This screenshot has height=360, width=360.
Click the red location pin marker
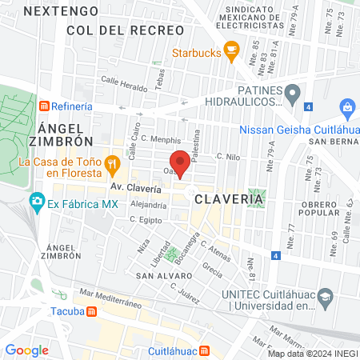pos(181,162)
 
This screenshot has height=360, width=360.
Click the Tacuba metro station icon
pos(93,311)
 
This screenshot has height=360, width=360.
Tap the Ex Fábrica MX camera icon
pos(36,203)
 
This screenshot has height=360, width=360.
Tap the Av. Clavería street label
pos(135,190)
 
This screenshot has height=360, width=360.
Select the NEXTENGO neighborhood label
pos(61,11)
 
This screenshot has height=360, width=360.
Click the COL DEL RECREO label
pos(114,30)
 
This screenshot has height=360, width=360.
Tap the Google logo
pos(26,350)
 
